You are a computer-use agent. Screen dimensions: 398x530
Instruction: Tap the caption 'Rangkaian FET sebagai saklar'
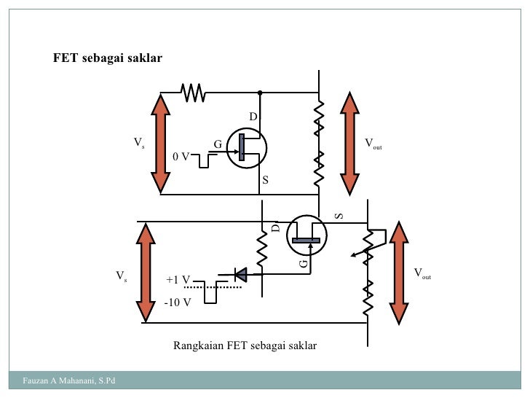(x=245, y=345)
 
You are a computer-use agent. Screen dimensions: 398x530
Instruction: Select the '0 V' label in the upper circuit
(x=181, y=156)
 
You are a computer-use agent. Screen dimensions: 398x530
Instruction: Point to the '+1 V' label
(x=178, y=279)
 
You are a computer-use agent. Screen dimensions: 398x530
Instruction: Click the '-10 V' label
(x=178, y=303)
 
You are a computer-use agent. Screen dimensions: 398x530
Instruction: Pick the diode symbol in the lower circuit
(x=238, y=274)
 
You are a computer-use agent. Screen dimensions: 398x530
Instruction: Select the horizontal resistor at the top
(x=194, y=93)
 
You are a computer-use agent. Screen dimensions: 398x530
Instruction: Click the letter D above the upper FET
(x=253, y=117)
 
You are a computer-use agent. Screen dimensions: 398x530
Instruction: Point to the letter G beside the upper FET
(x=217, y=144)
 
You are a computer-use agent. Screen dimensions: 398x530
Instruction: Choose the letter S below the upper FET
(x=265, y=179)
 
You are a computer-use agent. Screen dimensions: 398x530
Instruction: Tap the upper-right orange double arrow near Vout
(x=349, y=144)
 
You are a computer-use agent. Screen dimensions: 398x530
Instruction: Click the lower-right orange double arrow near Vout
(x=399, y=273)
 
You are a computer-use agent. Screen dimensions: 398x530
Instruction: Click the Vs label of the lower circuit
(x=122, y=276)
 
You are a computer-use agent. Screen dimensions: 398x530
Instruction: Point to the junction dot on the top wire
(x=259, y=93)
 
